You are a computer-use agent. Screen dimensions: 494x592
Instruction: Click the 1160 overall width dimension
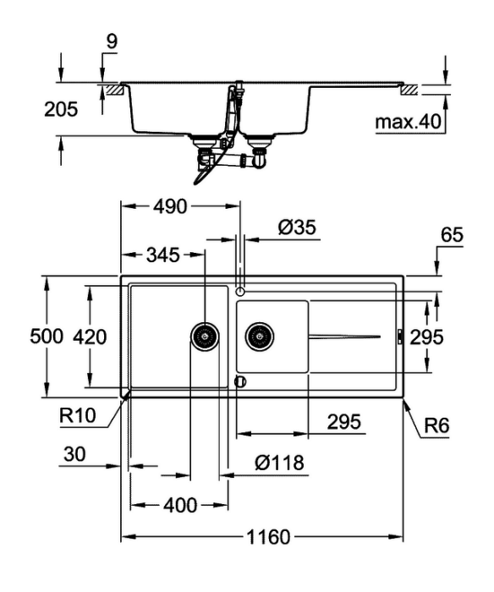coord(268,536)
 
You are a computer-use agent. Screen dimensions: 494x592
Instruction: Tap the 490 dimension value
coord(170,206)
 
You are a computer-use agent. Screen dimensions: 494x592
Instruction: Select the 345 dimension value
coord(162,255)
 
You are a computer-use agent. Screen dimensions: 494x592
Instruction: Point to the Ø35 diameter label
coord(297,227)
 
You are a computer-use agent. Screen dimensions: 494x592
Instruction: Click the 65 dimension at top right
coord(452,235)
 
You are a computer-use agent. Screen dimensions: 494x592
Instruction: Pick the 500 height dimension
coord(47,336)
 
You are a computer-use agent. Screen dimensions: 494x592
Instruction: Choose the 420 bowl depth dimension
coord(90,337)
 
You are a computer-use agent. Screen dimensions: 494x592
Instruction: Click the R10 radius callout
coord(78,416)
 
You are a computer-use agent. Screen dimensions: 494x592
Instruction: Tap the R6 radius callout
coord(436,426)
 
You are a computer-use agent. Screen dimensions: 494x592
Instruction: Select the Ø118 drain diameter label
coord(279,463)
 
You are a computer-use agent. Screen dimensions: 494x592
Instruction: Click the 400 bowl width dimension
coord(180,505)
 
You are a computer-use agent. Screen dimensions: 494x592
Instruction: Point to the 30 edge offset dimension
coord(74,454)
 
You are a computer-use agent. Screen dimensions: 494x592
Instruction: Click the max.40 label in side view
coord(409,122)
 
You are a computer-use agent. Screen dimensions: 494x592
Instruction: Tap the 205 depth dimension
coord(61,109)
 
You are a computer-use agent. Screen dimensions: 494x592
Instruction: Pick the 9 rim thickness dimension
coord(112,41)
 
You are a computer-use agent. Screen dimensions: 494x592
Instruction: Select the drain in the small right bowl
coord(260,336)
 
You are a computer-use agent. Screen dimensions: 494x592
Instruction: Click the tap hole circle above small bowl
coord(240,292)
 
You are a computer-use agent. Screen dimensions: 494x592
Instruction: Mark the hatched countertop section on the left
coord(117,90)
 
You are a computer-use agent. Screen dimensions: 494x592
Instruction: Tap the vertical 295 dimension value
coord(426,337)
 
